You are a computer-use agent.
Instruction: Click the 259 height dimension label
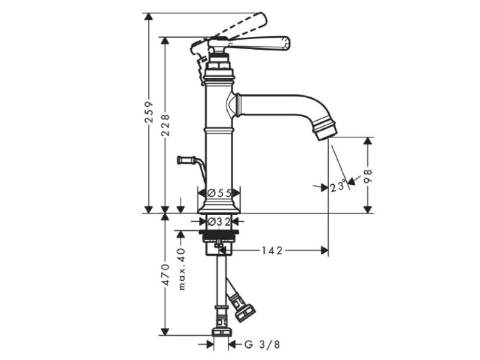[x=149, y=112]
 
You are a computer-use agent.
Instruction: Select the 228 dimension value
[x=165, y=125]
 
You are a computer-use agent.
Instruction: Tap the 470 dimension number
[x=165, y=274]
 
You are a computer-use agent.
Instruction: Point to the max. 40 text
[x=182, y=269]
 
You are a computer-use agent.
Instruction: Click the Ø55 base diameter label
[x=219, y=193]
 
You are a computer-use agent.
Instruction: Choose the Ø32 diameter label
[x=219, y=221]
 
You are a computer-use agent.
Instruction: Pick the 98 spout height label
[x=368, y=176]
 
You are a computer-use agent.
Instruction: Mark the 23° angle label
[x=339, y=187]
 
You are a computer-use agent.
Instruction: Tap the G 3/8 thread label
[x=262, y=345]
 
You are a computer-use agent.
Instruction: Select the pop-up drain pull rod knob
[x=186, y=160]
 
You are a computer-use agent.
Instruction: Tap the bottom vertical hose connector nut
[x=221, y=332]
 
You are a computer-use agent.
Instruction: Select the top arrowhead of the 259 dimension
[x=149, y=17]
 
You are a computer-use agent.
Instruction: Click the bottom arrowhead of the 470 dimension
[x=165, y=332]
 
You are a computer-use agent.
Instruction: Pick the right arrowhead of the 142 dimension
[x=324, y=251]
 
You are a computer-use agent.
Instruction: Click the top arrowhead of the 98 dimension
[x=368, y=141]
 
